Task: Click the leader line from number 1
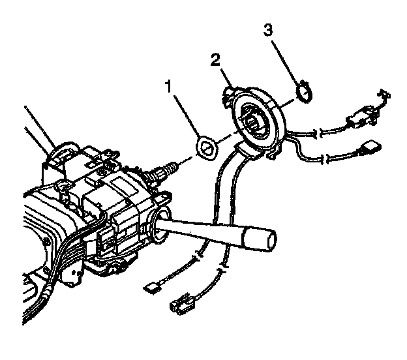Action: click(187, 117)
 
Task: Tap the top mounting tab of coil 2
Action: click(229, 88)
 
